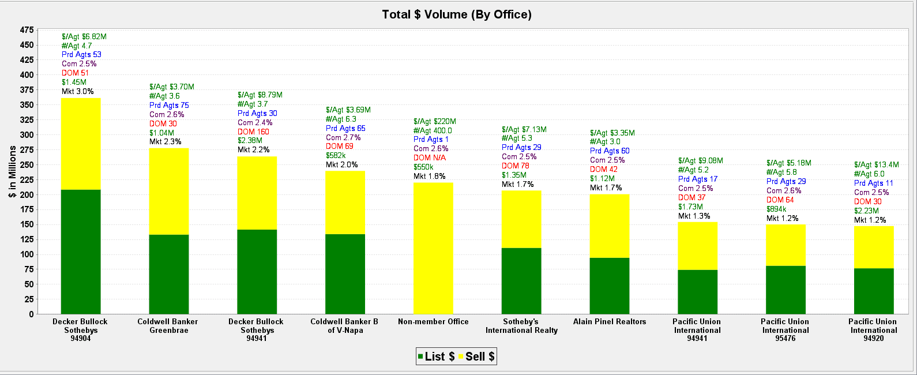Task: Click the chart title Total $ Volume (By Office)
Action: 457,14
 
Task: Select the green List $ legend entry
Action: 436,357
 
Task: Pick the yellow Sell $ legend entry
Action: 476,357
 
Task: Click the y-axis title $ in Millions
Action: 13,172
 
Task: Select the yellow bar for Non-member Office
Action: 433,248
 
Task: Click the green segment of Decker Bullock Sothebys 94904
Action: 81,252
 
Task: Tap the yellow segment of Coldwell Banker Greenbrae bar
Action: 169,191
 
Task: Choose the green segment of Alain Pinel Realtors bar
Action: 610,286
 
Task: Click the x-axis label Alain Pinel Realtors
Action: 610,322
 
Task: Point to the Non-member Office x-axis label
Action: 433,322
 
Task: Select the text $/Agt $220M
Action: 435,122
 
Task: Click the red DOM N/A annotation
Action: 430,158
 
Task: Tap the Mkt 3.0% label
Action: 78,92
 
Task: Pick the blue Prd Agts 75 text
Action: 169,106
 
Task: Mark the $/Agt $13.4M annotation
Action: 876,165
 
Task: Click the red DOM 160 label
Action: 253,132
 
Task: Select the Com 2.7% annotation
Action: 343,138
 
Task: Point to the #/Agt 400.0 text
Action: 433,131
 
